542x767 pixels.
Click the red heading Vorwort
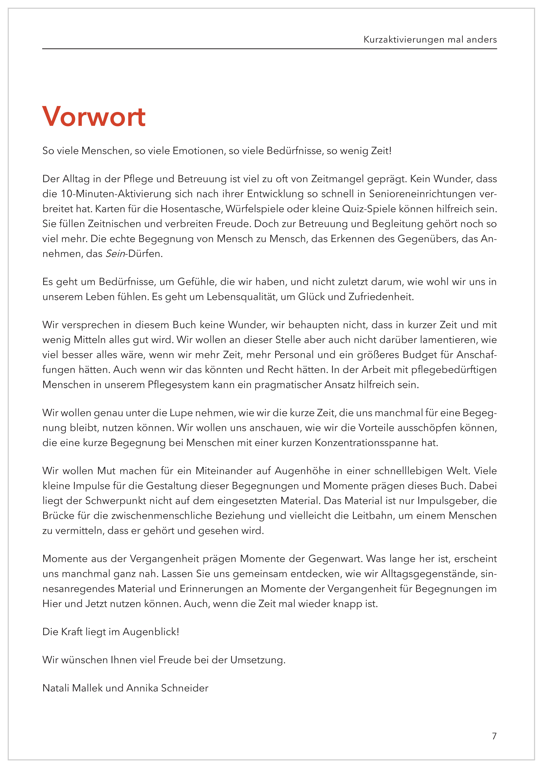coord(94,117)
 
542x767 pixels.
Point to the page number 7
coord(494,736)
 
